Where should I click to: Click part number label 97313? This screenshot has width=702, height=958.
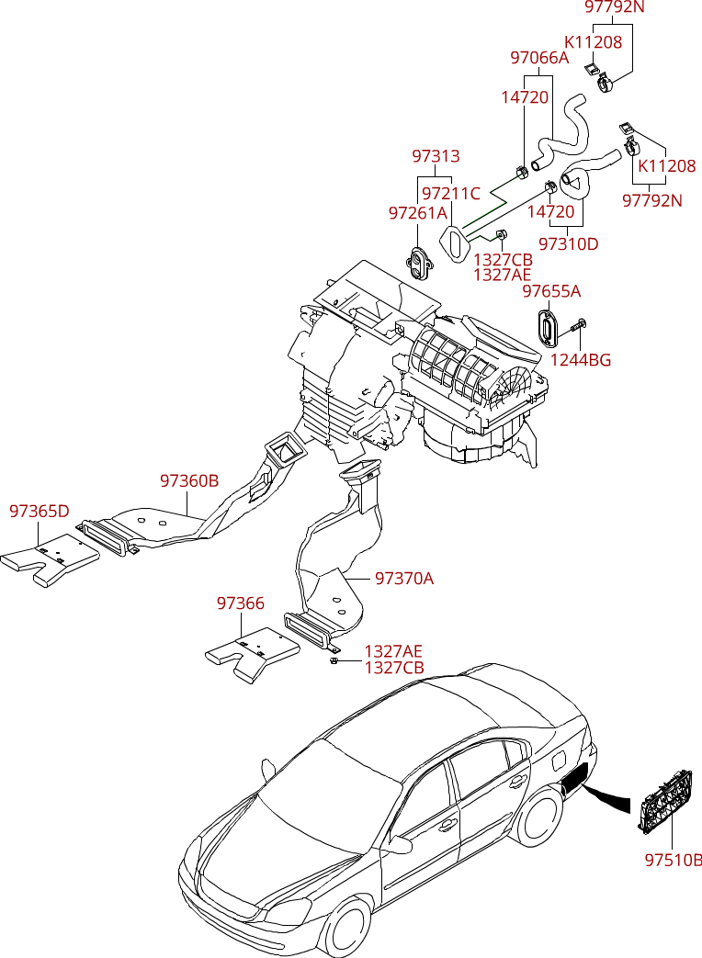click(x=436, y=156)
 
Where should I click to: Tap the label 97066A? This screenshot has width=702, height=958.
click(x=539, y=58)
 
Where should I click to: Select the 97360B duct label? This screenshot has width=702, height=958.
click(x=189, y=480)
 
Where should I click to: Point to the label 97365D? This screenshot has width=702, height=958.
click(x=40, y=512)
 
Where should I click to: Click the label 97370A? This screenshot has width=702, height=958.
click(x=404, y=578)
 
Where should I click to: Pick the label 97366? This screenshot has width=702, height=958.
click(x=241, y=603)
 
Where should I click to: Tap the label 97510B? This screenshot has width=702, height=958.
click(x=674, y=861)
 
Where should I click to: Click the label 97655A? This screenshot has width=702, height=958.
click(x=551, y=291)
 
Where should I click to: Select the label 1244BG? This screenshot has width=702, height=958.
click(x=581, y=360)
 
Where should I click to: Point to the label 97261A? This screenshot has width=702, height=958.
click(x=418, y=213)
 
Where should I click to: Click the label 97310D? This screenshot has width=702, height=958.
click(x=569, y=243)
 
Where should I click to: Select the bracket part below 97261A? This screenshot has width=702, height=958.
click(x=421, y=263)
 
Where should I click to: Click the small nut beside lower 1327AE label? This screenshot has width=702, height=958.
click(x=334, y=660)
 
